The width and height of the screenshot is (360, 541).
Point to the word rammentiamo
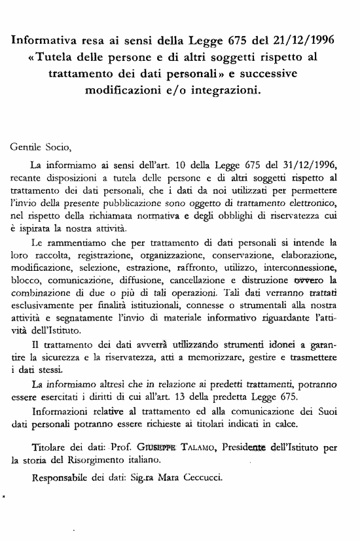coord(73,241)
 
